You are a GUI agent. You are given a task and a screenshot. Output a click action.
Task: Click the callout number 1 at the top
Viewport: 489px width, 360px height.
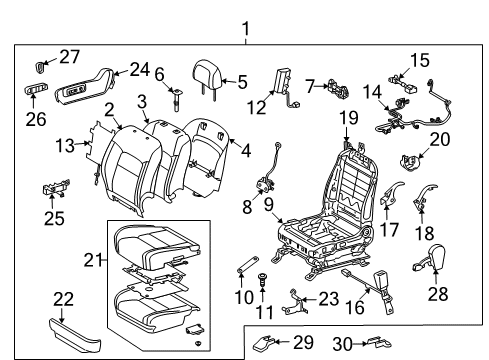click(x=244, y=13)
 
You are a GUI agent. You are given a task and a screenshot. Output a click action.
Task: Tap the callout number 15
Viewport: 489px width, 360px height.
click(x=418, y=59)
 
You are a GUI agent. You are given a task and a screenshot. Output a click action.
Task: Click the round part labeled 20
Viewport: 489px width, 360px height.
click(x=408, y=156)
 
